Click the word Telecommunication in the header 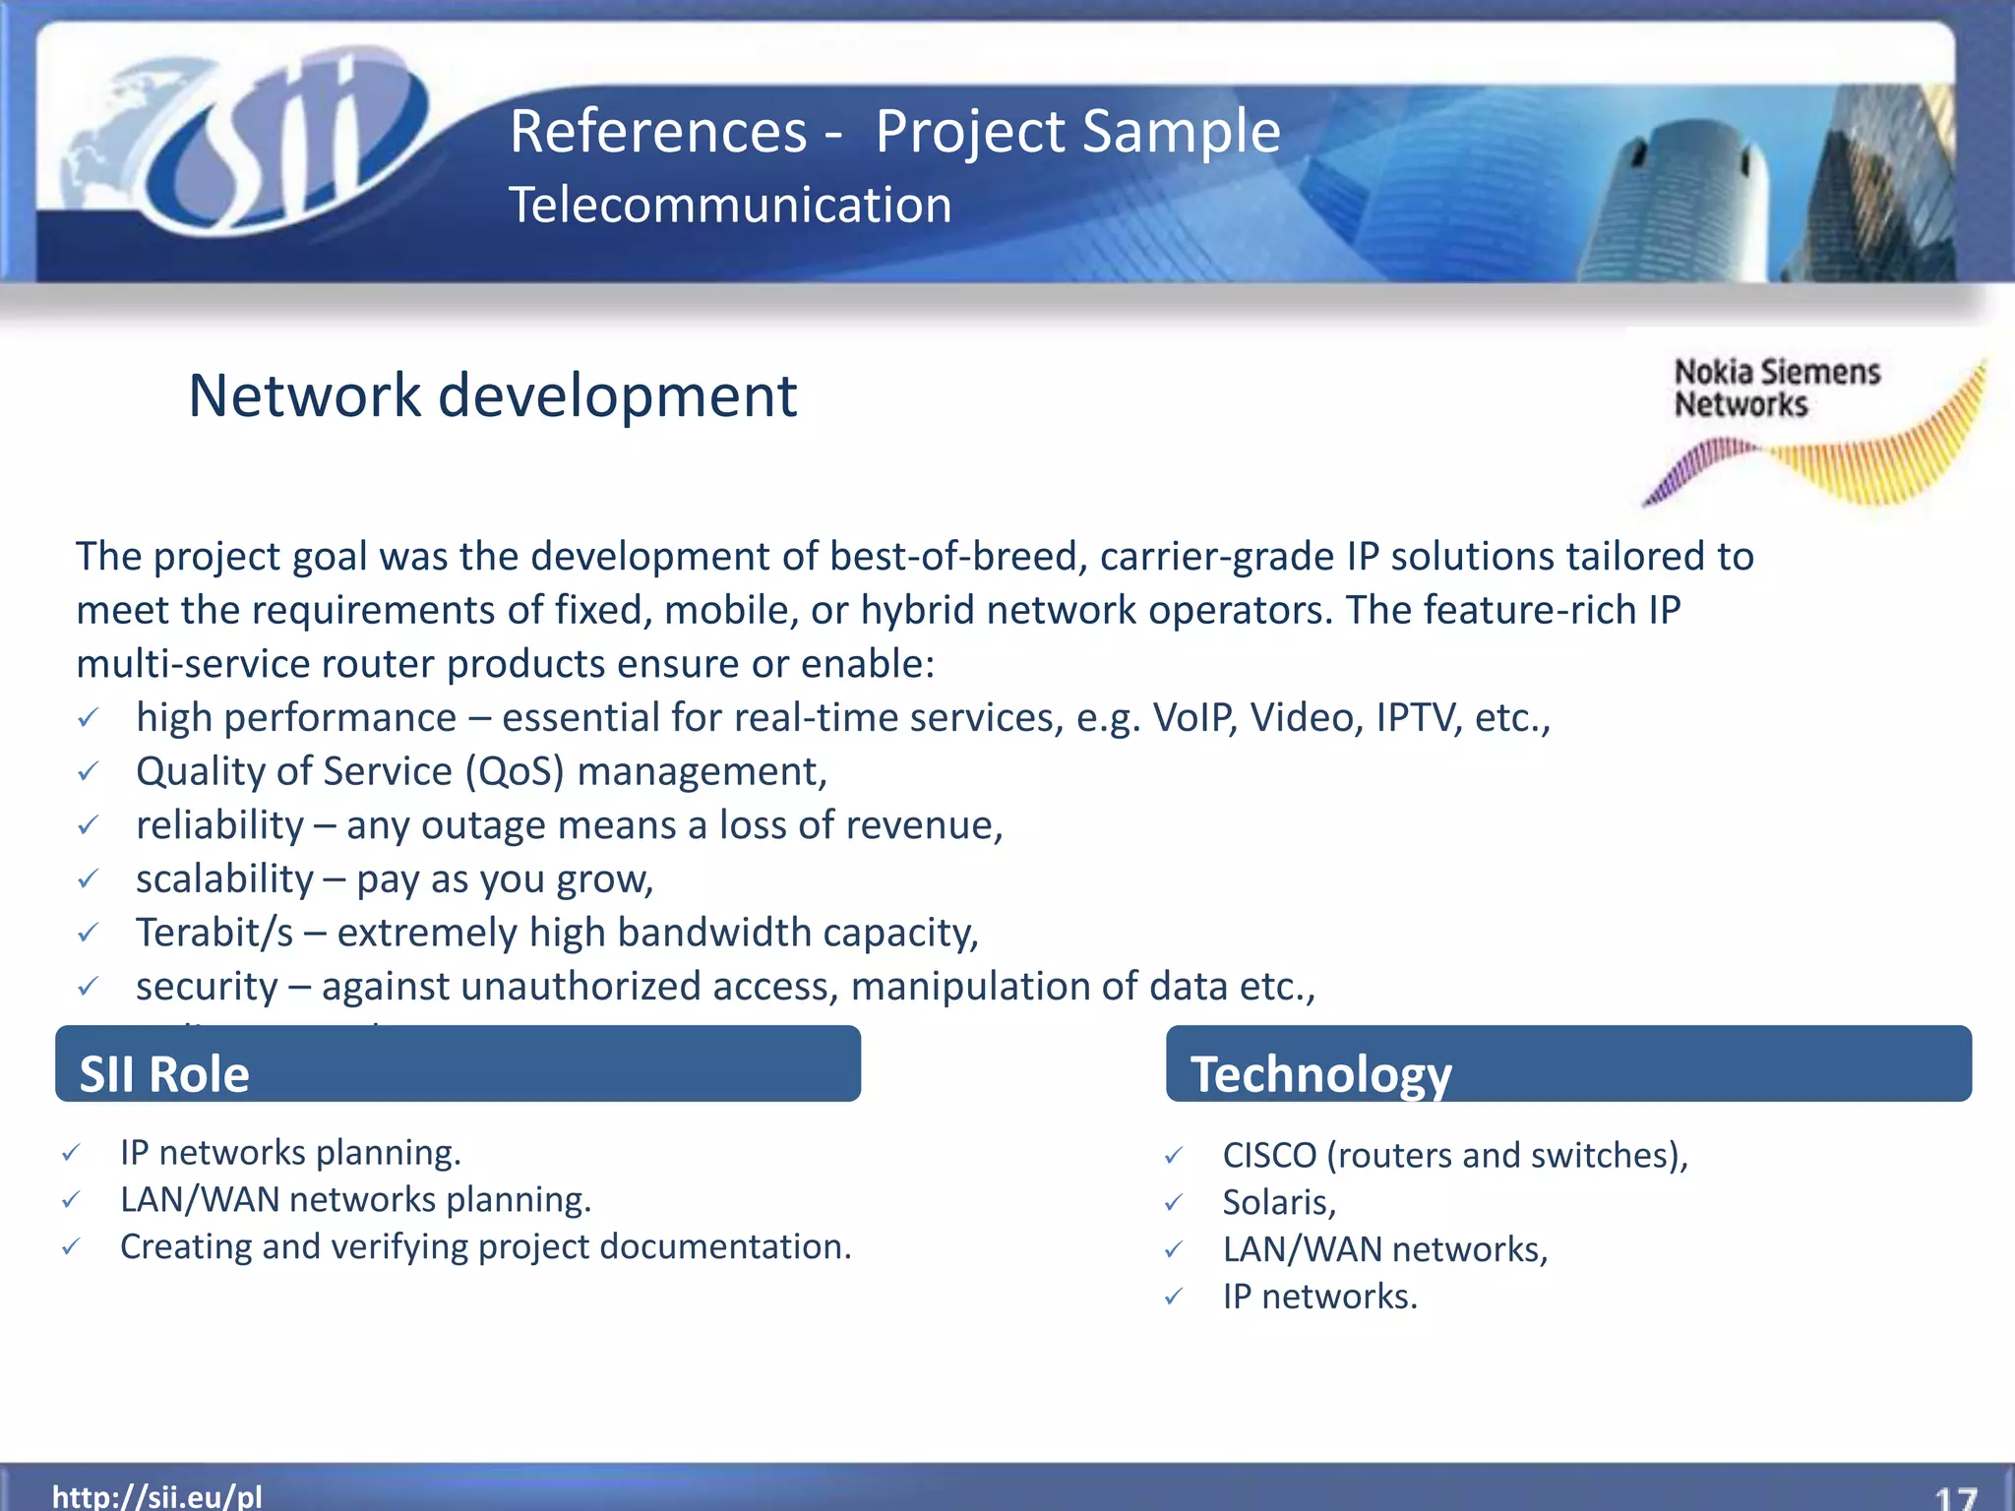click(x=730, y=206)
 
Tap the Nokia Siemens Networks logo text click(x=1776, y=388)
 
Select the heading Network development click(x=492, y=395)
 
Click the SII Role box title click(x=164, y=1073)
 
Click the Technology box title click(x=1320, y=1073)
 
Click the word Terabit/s click(x=214, y=933)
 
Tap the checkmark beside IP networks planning click(x=71, y=1153)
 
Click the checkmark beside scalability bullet click(x=88, y=878)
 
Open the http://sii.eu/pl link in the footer click(x=157, y=1496)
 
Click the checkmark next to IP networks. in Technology click(x=1174, y=1298)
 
